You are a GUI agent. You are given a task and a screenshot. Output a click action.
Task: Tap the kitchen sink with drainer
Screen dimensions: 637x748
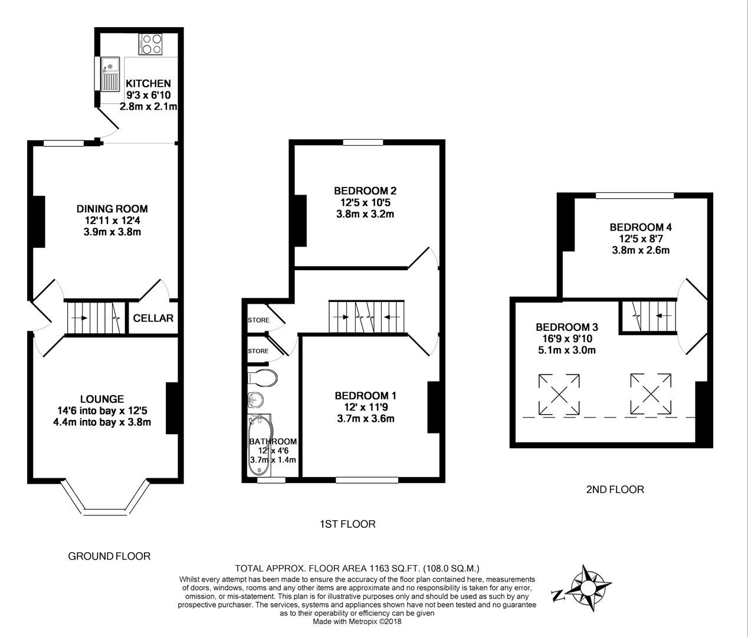pos(110,74)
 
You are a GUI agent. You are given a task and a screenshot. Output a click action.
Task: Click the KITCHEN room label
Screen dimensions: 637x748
pos(148,84)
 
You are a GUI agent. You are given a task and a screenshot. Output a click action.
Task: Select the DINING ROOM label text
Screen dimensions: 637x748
pos(112,209)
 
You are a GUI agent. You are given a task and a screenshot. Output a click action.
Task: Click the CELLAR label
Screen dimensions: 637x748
pos(153,318)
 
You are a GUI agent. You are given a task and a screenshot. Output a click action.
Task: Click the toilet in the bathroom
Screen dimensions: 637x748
pos(263,378)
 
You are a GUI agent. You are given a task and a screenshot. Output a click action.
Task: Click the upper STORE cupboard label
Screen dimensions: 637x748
pos(258,320)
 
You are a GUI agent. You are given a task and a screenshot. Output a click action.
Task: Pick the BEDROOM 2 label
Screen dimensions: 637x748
pos(365,191)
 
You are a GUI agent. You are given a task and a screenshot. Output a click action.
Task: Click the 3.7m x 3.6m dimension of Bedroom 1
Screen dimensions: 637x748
pos(365,419)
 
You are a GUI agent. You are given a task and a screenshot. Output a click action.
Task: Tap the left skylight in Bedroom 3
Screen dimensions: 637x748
pos(559,393)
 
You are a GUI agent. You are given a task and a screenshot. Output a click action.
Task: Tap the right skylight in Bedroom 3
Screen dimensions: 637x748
pos(651,393)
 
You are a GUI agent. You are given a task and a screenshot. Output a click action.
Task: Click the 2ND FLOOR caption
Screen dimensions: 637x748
pos(615,489)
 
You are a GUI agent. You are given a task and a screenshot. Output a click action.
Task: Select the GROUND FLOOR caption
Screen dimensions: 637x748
pos(109,556)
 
